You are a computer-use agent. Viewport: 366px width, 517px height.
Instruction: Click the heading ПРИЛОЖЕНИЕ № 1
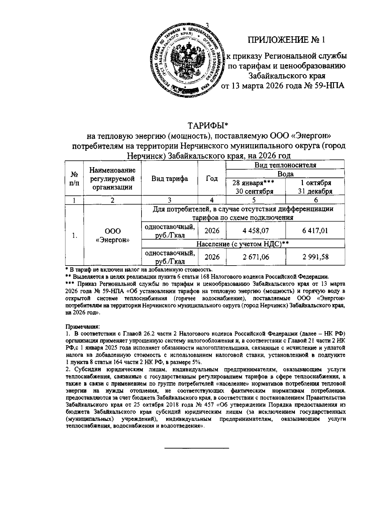click(x=286, y=40)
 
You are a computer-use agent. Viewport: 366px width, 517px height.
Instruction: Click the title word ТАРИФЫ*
click(x=208, y=126)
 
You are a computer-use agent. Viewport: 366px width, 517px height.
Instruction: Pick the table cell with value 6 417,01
click(x=315, y=231)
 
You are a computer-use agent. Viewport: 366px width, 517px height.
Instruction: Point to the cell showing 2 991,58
click(x=315, y=257)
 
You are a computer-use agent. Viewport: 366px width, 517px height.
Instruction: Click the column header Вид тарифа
click(x=170, y=179)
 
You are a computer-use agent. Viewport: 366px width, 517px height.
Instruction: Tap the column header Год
click(x=212, y=179)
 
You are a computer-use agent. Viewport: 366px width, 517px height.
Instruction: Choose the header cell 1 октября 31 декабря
click(x=315, y=187)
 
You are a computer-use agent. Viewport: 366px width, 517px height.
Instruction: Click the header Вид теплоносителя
click(x=285, y=165)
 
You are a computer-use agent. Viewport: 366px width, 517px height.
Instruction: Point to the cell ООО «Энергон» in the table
click(x=113, y=235)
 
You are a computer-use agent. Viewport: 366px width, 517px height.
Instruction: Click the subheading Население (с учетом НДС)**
click(x=242, y=244)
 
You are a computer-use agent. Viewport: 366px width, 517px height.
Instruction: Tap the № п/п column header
click(x=74, y=179)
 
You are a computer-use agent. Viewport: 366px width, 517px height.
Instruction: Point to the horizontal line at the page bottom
click(x=197, y=448)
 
